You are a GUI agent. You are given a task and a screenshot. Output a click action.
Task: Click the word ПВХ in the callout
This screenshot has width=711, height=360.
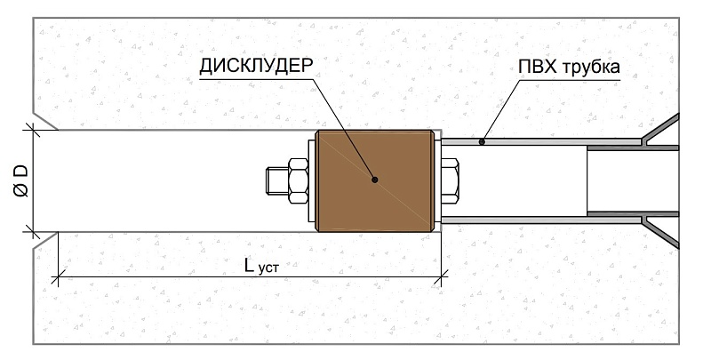(536, 67)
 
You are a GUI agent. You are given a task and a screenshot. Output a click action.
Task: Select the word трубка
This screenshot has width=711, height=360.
(587, 68)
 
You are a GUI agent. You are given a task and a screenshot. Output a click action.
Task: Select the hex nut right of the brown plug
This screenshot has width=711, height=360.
(450, 180)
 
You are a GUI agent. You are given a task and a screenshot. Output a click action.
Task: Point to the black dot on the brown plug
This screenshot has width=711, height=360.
(376, 180)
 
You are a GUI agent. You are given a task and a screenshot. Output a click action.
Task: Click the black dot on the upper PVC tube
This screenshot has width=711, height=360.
(481, 140)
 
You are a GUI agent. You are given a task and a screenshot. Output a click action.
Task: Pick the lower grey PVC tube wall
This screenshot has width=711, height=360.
(533, 219)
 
